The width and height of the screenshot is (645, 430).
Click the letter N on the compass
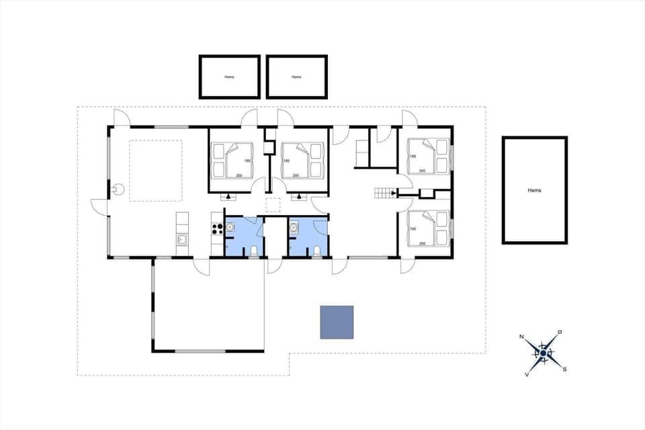click(x=522, y=337)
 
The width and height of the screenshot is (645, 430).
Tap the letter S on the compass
click(x=564, y=369)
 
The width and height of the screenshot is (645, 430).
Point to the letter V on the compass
click(x=527, y=374)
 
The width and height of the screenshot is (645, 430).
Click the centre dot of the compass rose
click(x=543, y=353)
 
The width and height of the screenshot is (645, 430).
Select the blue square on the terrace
click(x=337, y=322)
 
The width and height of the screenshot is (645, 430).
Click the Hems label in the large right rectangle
click(x=535, y=190)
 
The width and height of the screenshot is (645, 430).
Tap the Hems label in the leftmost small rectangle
click(x=230, y=77)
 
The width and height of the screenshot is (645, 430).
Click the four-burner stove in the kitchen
click(x=217, y=228)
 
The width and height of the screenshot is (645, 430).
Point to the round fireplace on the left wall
click(x=119, y=189)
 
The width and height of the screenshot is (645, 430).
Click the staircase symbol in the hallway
click(x=385, y=194)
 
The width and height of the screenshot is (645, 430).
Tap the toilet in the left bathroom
click(x=253, y=251)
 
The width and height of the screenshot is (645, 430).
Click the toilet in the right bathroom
click(x=316, y=251)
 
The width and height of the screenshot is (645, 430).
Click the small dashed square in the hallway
click(x=274, y=206)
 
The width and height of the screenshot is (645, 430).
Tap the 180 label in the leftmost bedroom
click(x=248, y=161)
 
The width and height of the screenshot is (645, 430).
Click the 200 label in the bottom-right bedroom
click(x=422, y=244)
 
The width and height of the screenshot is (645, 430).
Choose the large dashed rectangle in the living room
click(x=156, y=171)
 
